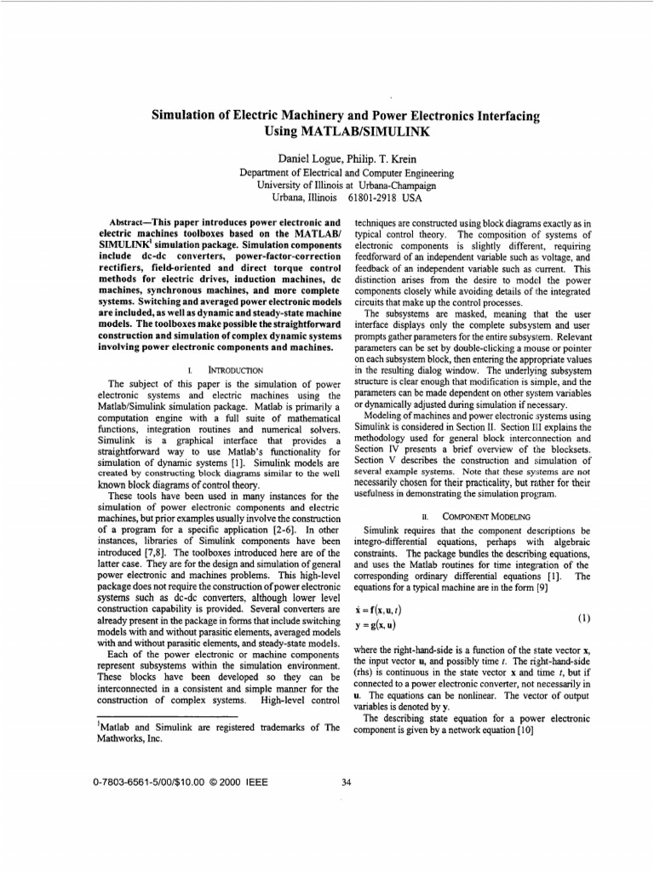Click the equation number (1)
click(x=582, y=618)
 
